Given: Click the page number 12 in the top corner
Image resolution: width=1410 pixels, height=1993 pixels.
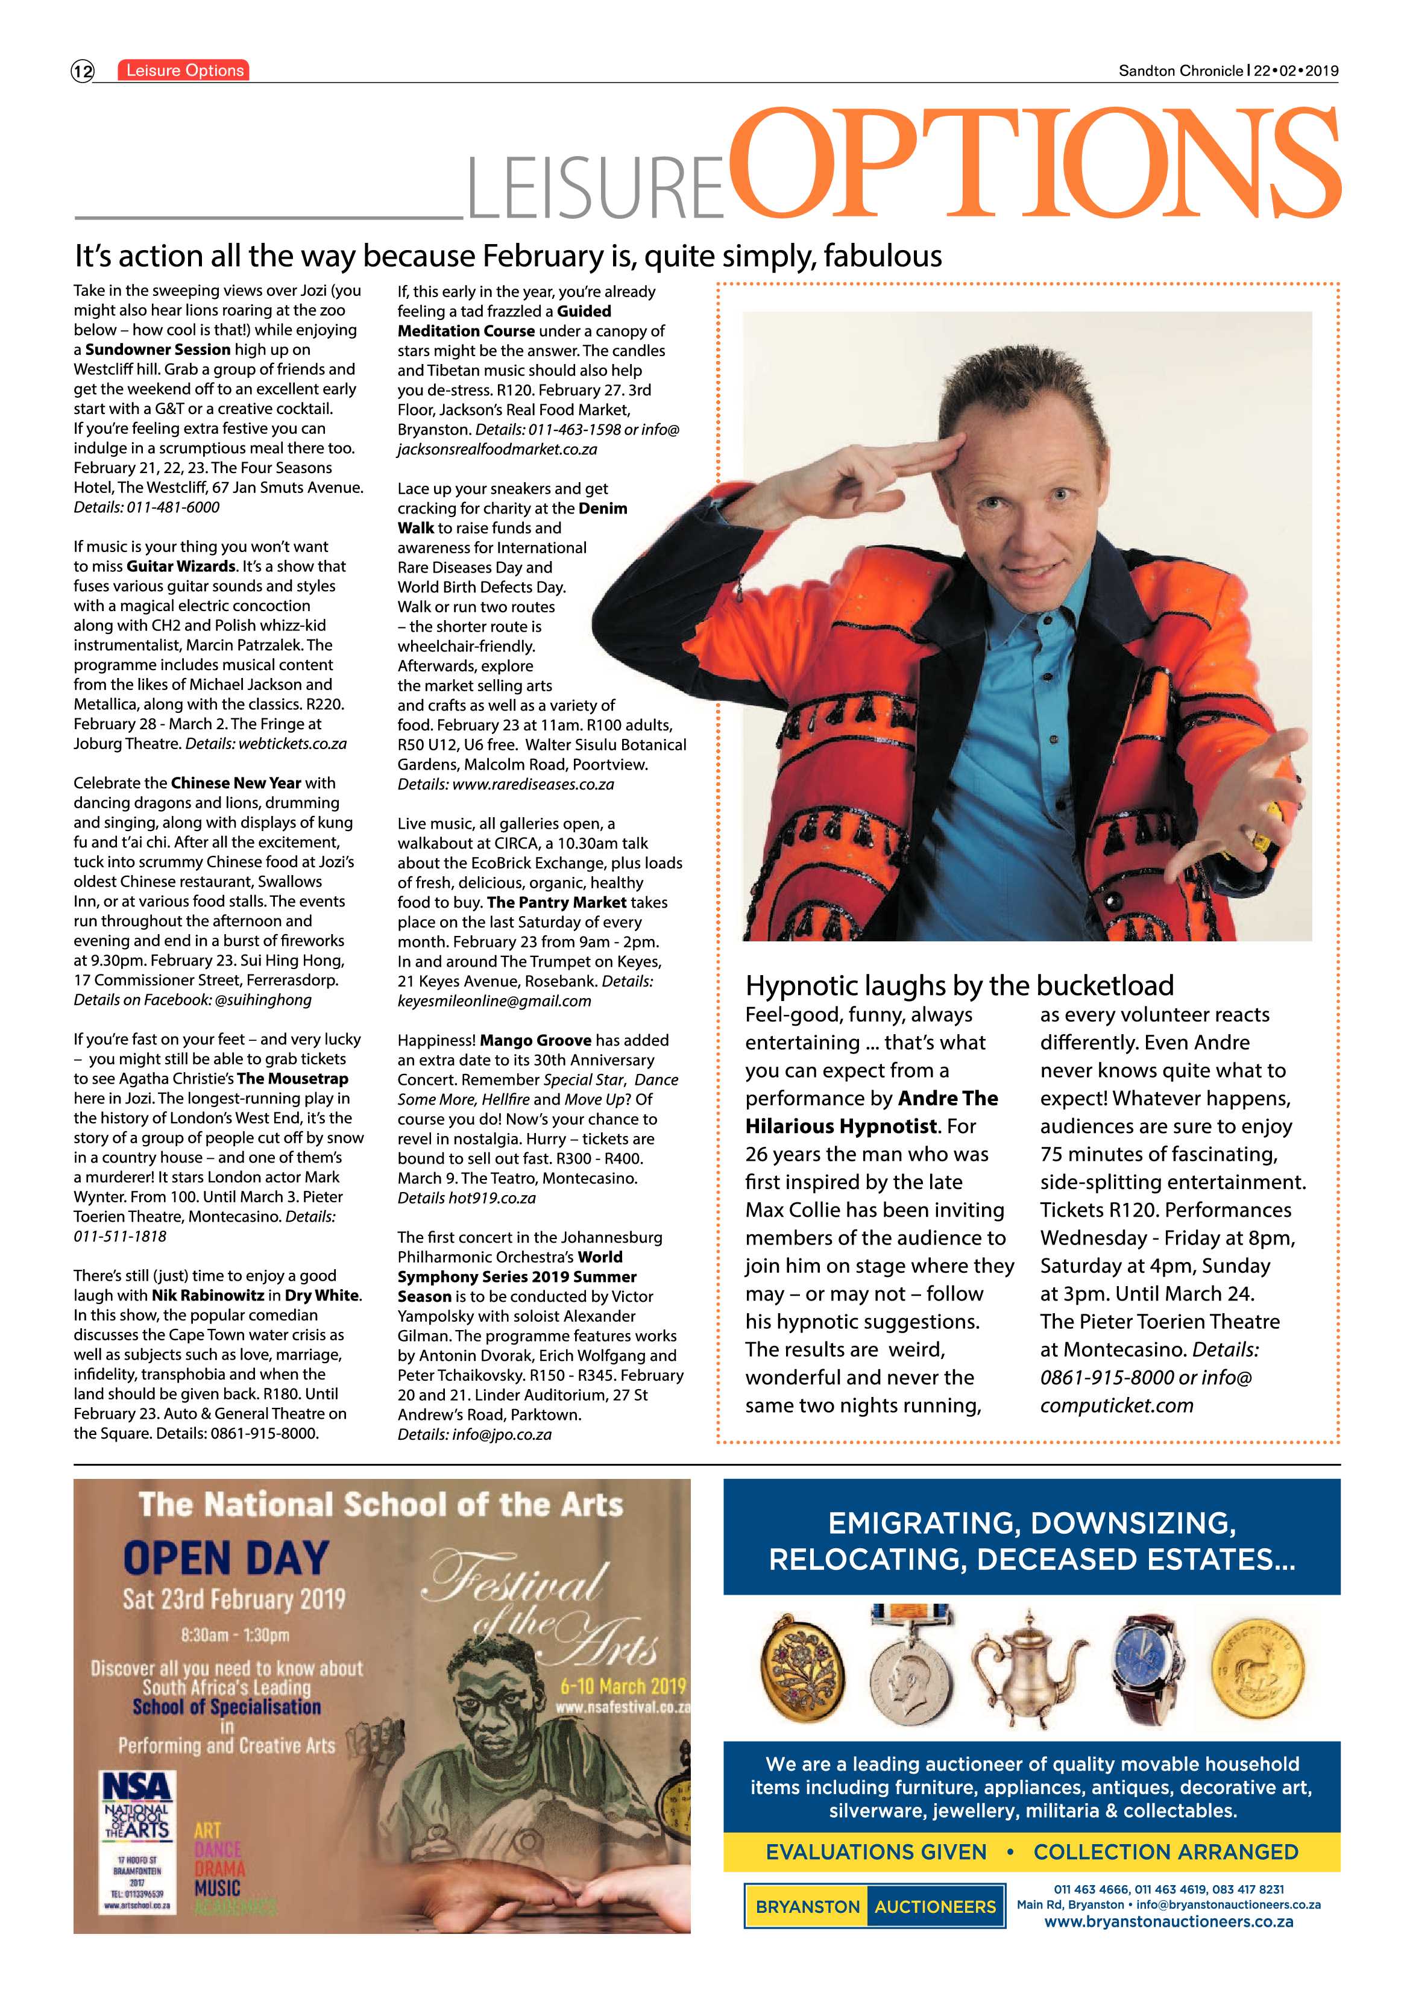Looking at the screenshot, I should (83, 71).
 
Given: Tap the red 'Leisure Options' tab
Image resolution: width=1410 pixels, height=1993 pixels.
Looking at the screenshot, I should (184, 71).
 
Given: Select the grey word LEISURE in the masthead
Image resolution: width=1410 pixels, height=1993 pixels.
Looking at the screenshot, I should (596, 187).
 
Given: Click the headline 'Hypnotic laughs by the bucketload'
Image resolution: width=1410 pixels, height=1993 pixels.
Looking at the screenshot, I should (959, 985).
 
